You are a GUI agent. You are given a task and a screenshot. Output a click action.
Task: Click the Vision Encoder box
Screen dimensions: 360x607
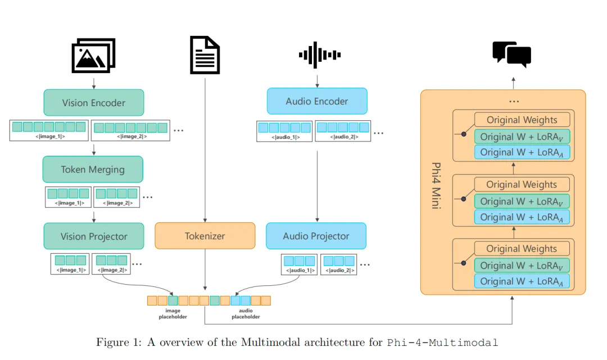point(94,103)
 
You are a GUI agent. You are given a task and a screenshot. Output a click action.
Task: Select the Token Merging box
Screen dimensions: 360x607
point(93,169)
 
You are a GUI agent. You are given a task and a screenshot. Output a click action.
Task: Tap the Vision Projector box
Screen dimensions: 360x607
point(94,236)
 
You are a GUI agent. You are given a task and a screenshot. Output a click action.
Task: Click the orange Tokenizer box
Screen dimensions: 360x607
point(205,236)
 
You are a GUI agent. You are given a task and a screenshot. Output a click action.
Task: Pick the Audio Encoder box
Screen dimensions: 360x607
point(317,101)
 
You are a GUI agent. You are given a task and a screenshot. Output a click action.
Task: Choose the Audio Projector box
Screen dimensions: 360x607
point(316,236)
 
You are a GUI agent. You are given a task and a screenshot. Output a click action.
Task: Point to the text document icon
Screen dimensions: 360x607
point(205,55)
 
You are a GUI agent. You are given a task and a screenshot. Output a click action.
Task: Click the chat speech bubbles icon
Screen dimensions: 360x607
point(512,54)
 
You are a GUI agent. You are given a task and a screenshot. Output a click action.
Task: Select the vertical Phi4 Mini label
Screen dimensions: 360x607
point(436,185)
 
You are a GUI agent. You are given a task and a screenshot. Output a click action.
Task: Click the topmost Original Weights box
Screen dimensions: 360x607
point(522,120)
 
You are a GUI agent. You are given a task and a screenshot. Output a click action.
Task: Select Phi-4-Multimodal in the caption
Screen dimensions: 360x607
point(443,343)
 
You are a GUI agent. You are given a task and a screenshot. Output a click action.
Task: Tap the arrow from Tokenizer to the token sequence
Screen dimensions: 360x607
point(205,272)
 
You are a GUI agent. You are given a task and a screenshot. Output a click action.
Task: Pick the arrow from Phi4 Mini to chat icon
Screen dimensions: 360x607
point(513,83)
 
